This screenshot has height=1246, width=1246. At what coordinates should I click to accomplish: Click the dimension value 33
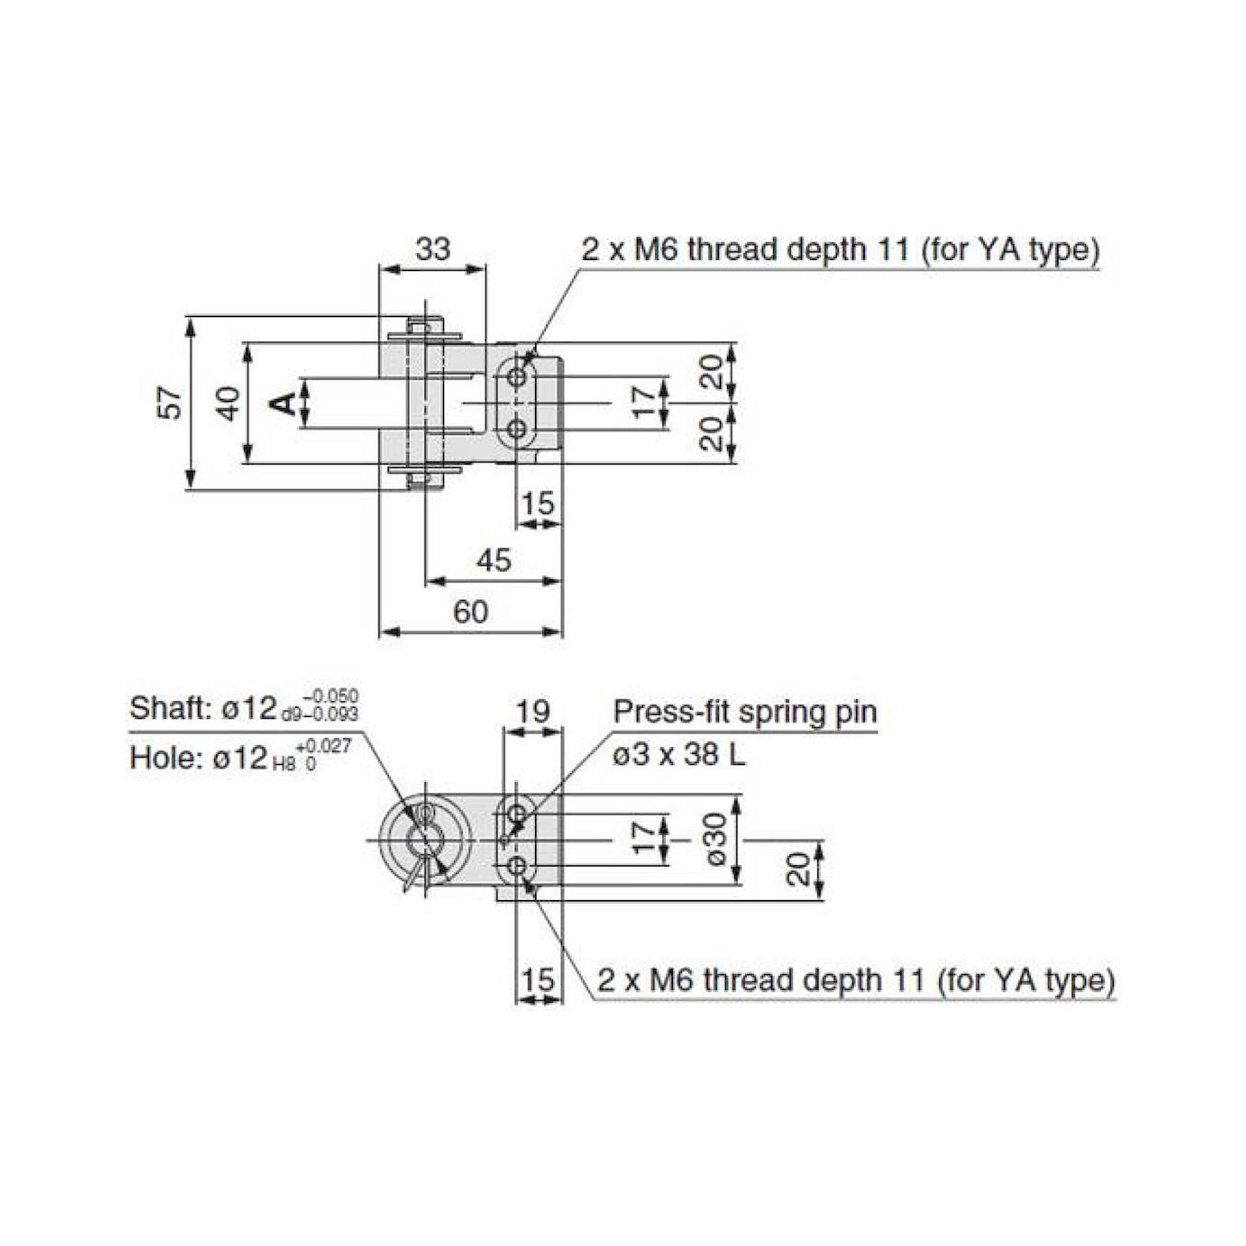pos(432,249)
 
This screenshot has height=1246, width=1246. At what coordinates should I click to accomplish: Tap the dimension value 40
pos(227,403)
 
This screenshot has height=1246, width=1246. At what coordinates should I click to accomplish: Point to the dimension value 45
pos(493,560)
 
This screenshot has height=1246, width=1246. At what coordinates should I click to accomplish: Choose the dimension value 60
pos(470,611)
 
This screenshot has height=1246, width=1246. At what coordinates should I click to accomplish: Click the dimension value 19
pos(533,711)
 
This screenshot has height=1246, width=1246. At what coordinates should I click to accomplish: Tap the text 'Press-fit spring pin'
pos(745,712)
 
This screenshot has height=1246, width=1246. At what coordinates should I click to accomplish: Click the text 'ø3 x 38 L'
pos(678,754)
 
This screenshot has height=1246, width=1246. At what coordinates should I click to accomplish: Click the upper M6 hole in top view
pos(516,377)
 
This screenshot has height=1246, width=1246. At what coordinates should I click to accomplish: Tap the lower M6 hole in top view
pos(516,429)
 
